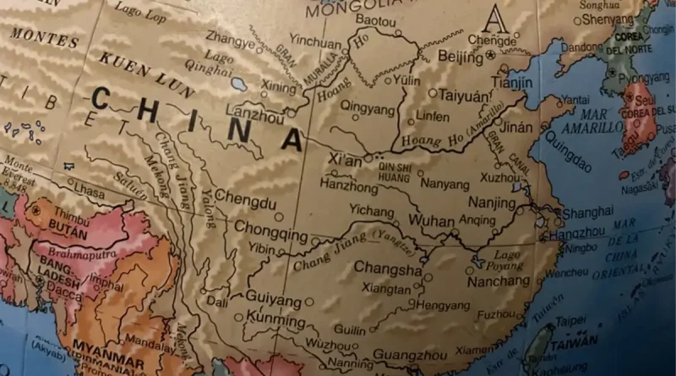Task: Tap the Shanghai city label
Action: pos(588,212)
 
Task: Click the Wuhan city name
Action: pos(432,220)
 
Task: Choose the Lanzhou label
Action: pos(255,119)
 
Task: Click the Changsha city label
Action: pos(387,269)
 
